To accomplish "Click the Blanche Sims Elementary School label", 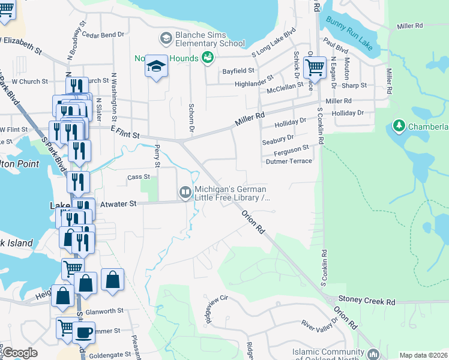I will click(209, 39).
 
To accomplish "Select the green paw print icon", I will click(208, 58).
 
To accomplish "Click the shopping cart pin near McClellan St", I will click(314, 68).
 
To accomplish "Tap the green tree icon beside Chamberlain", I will click(398, 126).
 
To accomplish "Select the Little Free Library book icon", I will click(185, 192).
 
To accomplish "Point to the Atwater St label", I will click(117, 204).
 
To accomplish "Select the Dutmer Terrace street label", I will click(289, 161).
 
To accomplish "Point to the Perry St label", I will click(157, 155).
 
